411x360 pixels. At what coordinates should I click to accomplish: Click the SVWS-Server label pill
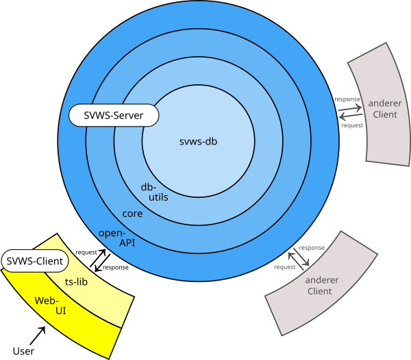114,115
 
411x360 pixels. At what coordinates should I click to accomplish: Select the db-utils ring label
154,192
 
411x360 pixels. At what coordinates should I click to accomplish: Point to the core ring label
132,214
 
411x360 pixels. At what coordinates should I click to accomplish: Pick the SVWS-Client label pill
35,261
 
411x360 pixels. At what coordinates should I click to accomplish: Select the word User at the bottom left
24,351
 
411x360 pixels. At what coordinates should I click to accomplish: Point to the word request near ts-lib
86,253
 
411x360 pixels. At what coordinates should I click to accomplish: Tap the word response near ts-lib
115,268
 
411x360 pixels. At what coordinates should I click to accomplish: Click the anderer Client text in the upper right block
385,109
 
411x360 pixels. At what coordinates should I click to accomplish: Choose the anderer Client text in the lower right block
319,285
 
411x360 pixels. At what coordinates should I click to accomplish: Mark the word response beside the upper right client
347,100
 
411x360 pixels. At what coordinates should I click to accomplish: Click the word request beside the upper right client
352,126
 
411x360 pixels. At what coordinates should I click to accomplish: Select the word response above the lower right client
312,247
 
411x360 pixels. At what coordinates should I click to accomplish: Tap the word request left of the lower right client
284,267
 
